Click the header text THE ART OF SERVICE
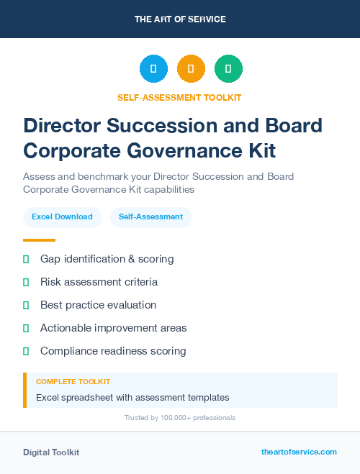180,19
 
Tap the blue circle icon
153,69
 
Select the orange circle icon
191,69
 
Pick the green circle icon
228,69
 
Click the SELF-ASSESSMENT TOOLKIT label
179,97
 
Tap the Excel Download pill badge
62,217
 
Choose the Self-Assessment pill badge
150,217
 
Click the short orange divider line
39,240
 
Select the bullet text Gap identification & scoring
107,259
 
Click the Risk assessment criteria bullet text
99,282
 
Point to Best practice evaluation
98,305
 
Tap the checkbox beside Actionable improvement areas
26,328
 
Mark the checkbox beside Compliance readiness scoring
26,351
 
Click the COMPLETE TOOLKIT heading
73,382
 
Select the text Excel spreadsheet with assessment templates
132,397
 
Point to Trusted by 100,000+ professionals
180,417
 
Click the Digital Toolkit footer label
51,452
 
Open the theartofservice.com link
299,452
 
